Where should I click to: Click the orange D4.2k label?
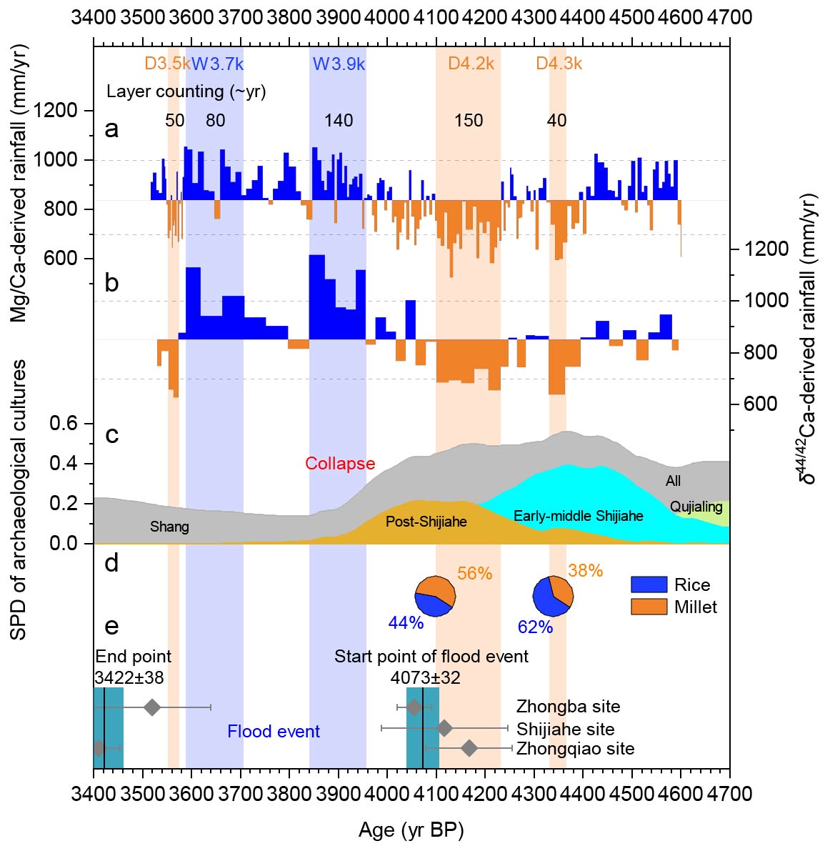[x=471, y=64]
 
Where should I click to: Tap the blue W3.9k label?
[x=339, y=64]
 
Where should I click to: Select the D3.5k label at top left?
[x=166, y=64]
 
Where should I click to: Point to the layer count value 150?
[x=469, y=121]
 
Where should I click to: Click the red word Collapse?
[x=340, y=464]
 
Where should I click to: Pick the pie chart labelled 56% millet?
[x=435, y=594]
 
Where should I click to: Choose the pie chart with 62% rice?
[x=553, y=596]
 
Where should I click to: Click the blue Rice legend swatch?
[x=649, y=585]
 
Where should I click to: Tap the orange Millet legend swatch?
[x=649, y=607]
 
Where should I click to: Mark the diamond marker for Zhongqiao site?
[x=469, y=748]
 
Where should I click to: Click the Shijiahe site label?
[x=565, y=730]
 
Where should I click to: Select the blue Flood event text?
[x=274, y=732]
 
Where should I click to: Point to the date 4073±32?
[x=425, y=677]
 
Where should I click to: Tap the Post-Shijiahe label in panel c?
[x=426, y=522]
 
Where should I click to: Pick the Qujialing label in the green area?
[x=696, y=507]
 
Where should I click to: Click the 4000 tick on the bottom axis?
[x=387, y=794]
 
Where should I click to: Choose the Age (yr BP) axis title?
[x=411, y=830]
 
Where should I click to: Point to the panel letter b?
[x=111, y=283]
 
